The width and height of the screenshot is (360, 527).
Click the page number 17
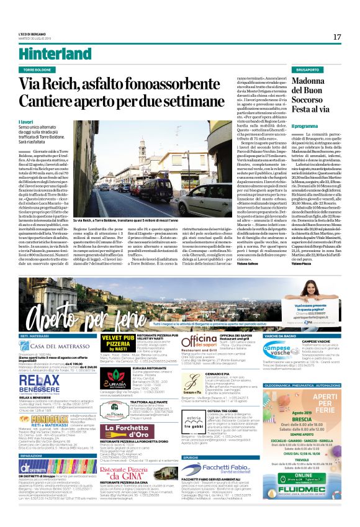336,37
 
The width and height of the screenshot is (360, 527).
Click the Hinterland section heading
47,54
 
